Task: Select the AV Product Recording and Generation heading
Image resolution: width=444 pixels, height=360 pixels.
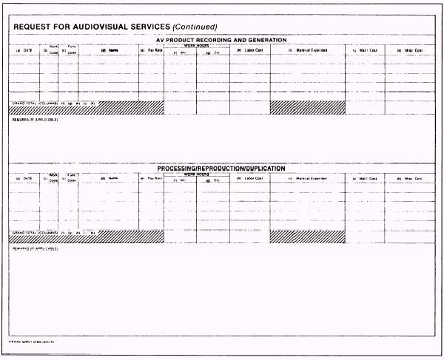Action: [x=221, y=39]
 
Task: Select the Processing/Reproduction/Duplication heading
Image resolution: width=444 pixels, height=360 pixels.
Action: [x=221, y=169]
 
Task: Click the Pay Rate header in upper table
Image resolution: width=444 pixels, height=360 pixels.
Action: [x=152, y=50]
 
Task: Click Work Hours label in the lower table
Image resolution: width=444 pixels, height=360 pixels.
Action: [x=196, y=174]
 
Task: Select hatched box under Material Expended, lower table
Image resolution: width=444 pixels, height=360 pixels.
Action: [x=307, y=237]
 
